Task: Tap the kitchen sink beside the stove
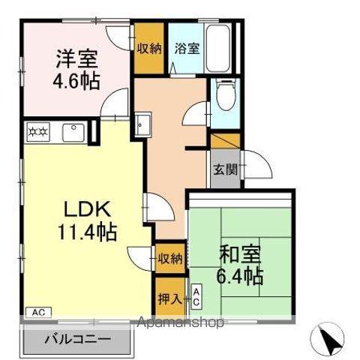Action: click(73, 133)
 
